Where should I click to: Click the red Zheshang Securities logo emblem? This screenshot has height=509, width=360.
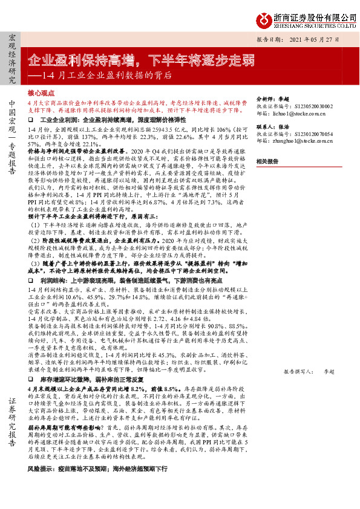coord(262,21)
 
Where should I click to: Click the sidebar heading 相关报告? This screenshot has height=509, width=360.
coord(267,161)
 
